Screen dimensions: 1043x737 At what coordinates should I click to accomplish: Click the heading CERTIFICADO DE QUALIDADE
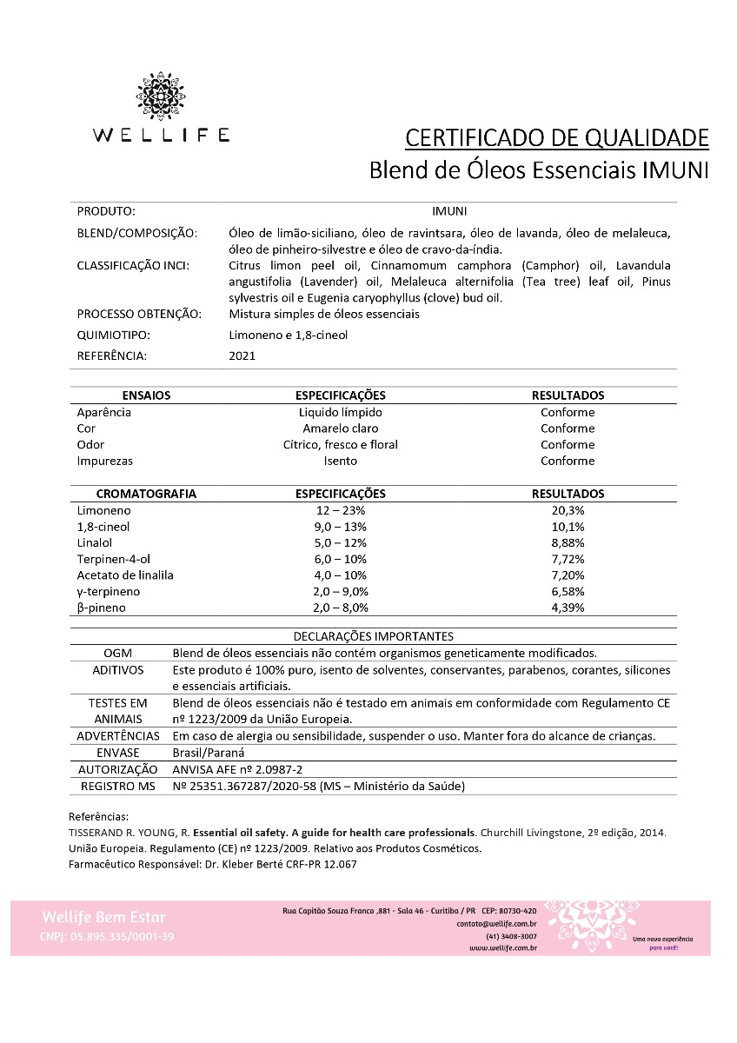coord(557,138)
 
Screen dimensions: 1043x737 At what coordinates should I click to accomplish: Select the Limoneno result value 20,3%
coord(568,510)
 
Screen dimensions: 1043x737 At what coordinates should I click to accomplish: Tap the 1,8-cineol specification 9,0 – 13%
coord(340,527)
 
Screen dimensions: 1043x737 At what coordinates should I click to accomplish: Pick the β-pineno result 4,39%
coord(568,608)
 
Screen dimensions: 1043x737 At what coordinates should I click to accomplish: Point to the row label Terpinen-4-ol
coord(114,559)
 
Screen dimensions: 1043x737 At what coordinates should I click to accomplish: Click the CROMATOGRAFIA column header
coord(146,494)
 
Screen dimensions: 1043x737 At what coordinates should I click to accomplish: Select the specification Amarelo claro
coord(340,428)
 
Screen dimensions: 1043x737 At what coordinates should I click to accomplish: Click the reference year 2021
coord(242,355)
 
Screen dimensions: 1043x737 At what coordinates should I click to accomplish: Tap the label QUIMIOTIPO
coord(112,335)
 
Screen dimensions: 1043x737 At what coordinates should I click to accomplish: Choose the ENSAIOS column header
coord(146,395)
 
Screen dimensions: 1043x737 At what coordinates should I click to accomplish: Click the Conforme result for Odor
coord(568,444)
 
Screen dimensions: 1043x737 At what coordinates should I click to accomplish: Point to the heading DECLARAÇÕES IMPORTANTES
coord(373,636)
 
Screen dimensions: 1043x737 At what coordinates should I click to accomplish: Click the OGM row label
coord(117,653)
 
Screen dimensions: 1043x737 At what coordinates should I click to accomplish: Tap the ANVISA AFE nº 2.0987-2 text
coord(238,769)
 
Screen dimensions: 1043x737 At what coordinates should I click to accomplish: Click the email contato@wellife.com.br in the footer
coord(495,924)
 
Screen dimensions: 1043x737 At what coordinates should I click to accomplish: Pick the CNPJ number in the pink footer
coord(107,937)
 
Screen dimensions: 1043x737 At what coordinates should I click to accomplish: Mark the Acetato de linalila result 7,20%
coord(568,575)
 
